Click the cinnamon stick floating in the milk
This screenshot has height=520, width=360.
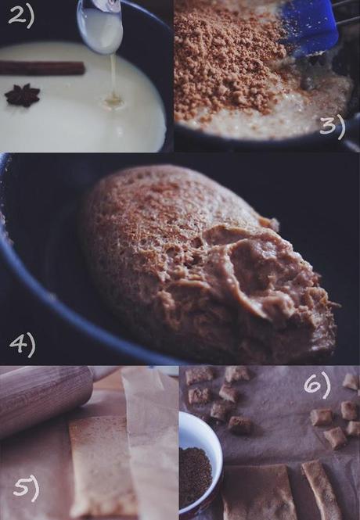pos(42,68)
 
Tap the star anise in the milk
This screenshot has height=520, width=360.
pos(22,95)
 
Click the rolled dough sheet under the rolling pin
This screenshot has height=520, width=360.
pos(102,465)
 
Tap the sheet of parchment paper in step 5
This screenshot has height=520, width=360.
pos(153,438)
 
